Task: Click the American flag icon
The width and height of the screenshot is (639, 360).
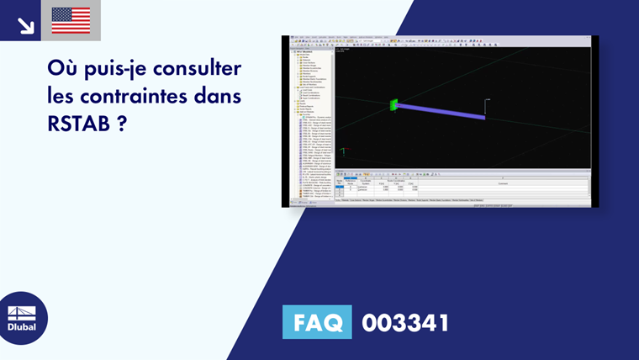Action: [71, 20]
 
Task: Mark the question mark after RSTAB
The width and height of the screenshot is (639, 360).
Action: [123, 123]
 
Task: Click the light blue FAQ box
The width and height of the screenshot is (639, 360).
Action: [317, 322]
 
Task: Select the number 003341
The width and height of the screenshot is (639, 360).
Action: [405, 322]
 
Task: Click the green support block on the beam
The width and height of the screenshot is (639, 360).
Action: [393, 105]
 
